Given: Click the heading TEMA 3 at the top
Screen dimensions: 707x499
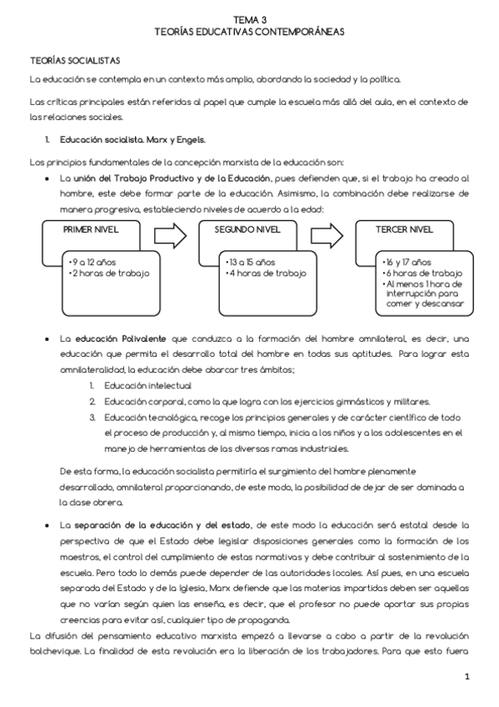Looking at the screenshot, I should click(249, 18).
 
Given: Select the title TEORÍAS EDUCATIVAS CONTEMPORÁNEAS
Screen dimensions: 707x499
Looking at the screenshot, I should click(249, 30).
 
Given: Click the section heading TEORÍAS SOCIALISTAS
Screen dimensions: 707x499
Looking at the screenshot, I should click(75, 61).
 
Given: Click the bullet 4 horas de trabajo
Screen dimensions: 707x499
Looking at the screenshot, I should click(266, 273).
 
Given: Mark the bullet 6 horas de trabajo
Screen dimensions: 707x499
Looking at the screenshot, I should click(422, 273).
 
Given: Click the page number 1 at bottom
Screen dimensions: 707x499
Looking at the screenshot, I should click(467, 676).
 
